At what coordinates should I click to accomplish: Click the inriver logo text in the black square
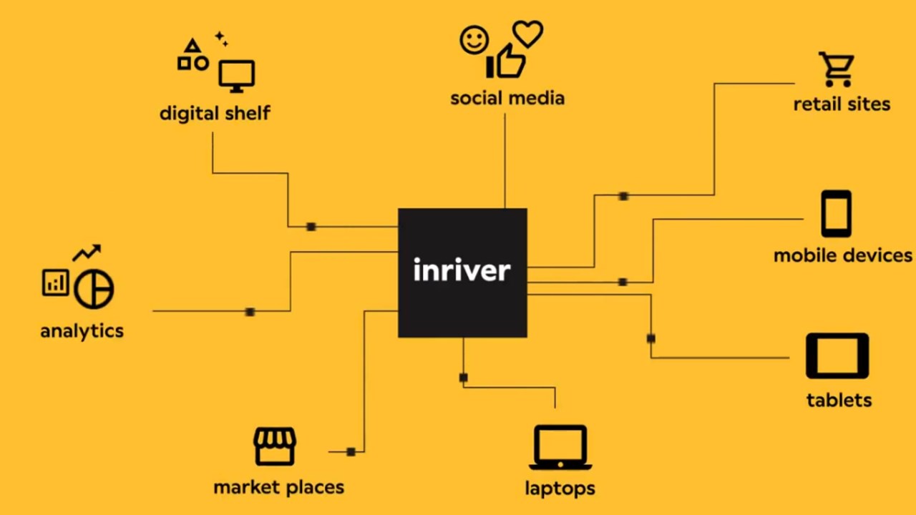pos(462,270)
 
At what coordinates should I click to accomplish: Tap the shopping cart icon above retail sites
pos(836,69)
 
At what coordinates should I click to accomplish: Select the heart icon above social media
pos(527,34)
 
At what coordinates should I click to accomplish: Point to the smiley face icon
pos(474,40)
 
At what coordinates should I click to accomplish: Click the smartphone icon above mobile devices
pos(836,213)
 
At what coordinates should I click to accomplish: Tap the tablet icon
pos(837,355)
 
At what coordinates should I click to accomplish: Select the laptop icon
pos(560,448)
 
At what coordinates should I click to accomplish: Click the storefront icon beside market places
pos(275,446)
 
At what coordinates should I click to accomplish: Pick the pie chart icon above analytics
pos(94,288)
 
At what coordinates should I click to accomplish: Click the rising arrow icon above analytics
pos(87,252)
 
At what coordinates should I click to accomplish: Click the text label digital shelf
pos(215,113)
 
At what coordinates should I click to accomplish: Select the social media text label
pos(507,98)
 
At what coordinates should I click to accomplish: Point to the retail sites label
pos(842,104)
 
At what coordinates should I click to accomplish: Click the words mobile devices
pos(843,255)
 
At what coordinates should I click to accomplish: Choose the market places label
pos(279,487)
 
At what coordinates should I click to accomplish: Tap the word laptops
pos(560,489)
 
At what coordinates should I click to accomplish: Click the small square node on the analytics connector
pos(250,312)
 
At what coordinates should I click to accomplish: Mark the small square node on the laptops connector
pos(464,378)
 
